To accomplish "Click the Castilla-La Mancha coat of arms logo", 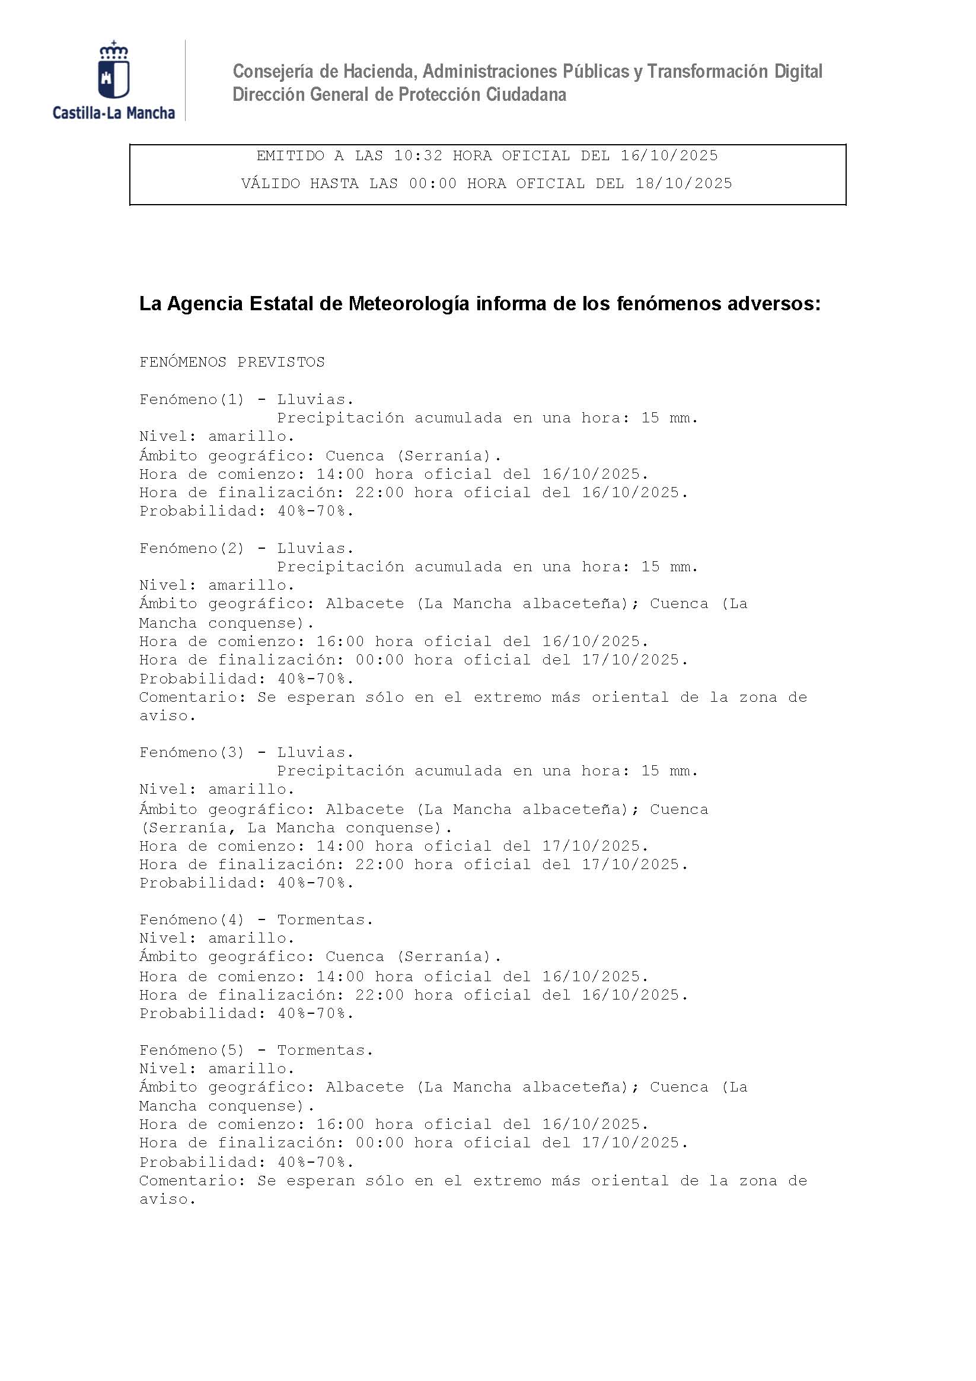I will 114,71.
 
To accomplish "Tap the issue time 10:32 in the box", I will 418,156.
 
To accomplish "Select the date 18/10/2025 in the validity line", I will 684,183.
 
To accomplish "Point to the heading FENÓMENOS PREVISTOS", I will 231,362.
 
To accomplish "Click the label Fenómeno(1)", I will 192,399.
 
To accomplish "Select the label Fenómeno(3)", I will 192,752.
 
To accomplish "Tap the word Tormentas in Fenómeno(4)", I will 325,919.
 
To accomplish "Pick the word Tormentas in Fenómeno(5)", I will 325,1050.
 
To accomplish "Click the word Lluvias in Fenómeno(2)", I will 315,549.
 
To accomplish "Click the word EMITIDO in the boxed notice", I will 291,156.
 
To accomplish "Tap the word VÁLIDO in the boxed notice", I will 270,183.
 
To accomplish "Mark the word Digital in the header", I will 798,72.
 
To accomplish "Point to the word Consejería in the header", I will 273,72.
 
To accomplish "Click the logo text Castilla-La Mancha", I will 114,113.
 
